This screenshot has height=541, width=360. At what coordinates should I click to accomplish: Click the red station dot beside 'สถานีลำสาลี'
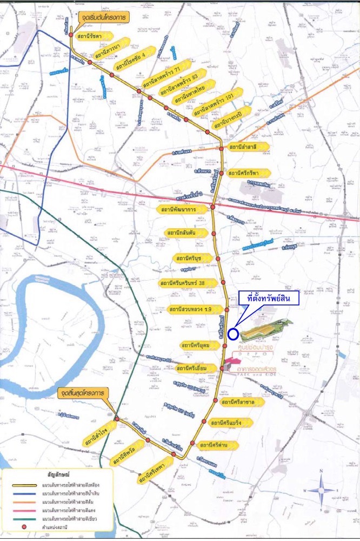[x=221, y=148]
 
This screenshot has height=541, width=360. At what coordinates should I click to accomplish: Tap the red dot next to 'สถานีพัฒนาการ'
[x=212, y=207]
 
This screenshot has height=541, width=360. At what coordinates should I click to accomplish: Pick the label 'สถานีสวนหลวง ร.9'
[x=189, y=309]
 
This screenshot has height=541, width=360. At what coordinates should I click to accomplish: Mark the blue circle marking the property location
[x=232, y=334]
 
